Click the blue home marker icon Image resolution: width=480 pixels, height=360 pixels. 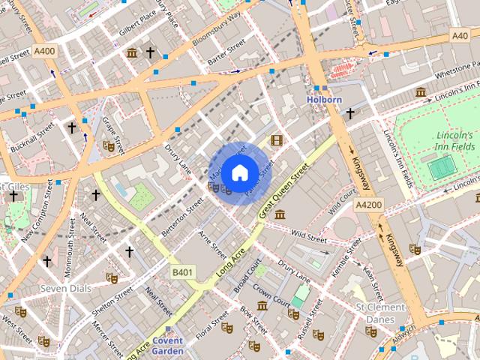click(238, 173)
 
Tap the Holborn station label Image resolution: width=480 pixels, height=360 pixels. click(324, 98)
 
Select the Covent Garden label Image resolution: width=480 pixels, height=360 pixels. click(168, 344)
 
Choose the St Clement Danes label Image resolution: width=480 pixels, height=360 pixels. click(380, 313)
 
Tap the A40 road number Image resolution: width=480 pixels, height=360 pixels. click(459, 35)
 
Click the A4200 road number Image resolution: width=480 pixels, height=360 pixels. click(369, 204)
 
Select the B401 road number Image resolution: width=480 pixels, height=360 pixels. click(181, 271)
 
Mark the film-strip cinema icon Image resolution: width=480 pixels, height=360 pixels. click(277, 140)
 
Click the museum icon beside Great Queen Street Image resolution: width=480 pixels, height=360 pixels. click(279, 215)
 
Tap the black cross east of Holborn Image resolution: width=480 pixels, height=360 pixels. click(349, 113)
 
